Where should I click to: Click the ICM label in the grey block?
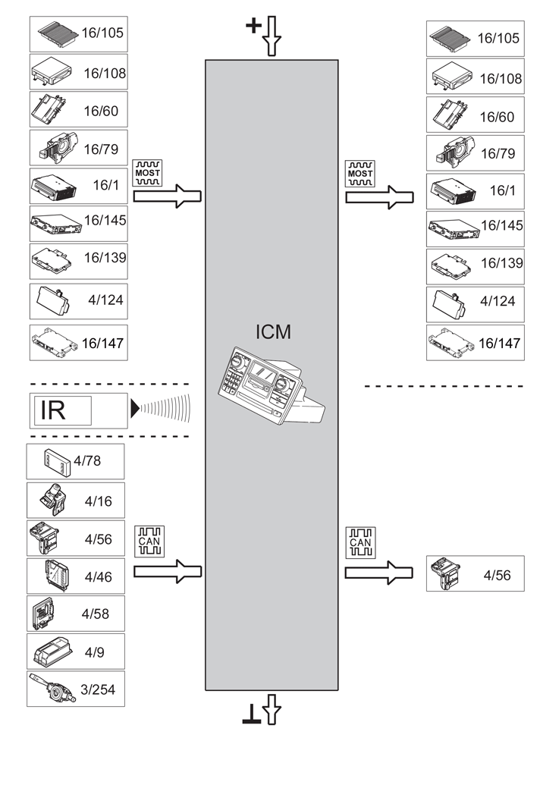coord(273,331)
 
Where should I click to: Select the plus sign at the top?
coord(253,27)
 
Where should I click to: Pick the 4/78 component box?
coord(75,462)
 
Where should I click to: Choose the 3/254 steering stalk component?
coord(75,689)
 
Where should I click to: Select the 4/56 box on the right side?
coord(475,574)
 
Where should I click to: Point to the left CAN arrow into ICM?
coord(168,571)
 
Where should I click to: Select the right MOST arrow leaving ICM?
coord(379,197)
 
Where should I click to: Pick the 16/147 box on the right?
coord(475,342)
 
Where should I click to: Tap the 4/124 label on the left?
coord(105,300)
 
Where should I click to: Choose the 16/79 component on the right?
coord(475,152)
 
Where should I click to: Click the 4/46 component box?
coord(75,576)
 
